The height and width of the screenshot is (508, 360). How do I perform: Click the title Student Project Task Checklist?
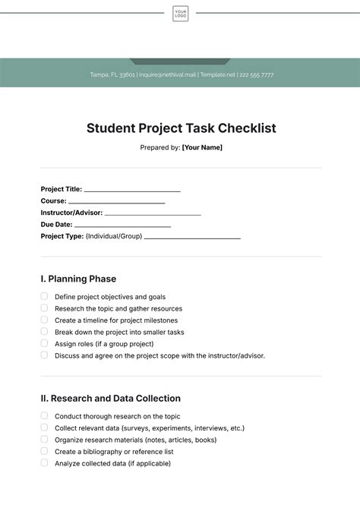coord(181,128)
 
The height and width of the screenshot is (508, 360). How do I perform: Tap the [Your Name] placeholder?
coord(202,147)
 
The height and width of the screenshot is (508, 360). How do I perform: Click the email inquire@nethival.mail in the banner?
coord(167,75)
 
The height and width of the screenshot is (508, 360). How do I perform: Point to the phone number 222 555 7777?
coord(257,75)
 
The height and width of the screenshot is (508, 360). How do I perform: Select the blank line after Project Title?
coord(132,191)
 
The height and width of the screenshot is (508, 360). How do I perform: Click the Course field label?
coord(53,201)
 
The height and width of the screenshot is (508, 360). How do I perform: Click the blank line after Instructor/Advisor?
coord(153,214)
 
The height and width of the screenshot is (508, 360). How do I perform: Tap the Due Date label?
coord(57,225)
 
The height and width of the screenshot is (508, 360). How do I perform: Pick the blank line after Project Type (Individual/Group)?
coord(192,238)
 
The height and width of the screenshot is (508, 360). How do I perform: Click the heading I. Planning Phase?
coord(78,279)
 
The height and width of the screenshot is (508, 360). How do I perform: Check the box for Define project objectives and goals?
coord(44,296)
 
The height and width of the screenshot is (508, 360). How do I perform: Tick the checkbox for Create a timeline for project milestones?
coord(44,320)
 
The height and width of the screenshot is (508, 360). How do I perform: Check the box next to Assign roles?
coord(44,343)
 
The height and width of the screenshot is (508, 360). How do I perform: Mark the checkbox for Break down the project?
coord(44,331)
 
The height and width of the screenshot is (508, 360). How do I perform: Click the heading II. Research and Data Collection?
coord(110,398)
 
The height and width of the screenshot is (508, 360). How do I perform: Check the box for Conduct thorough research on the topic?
coord(44,415)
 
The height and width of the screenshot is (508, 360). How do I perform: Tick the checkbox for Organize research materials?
coord(44,439)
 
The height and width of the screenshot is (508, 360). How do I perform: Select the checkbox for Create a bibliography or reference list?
coord(44,451)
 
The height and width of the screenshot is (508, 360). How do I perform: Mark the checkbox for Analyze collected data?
coord(44,462)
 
